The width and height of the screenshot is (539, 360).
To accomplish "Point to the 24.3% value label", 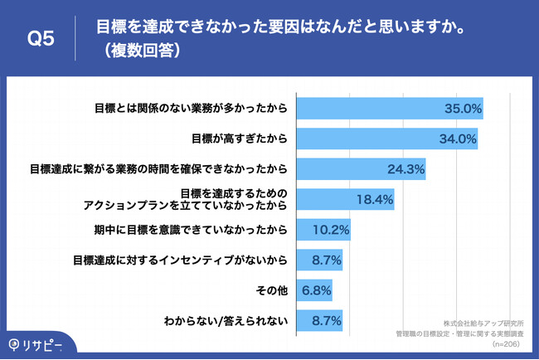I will click(406, 169).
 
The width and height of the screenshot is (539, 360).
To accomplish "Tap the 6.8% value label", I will click(316, 290).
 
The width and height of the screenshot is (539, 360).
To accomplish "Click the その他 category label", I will click(273, 290).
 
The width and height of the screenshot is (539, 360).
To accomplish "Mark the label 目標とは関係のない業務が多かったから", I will click(191, 108).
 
